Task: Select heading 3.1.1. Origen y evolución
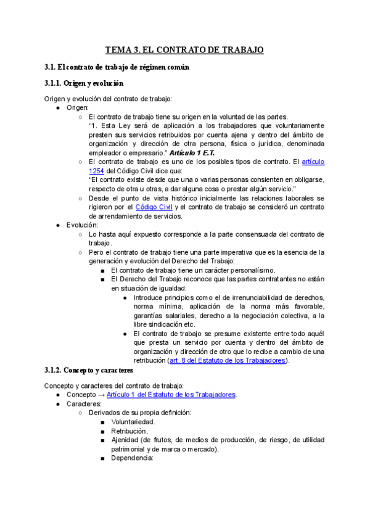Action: (84, 83)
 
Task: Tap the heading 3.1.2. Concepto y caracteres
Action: (88, 370)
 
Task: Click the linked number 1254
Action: (96, 170)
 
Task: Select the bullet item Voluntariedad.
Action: (133, 422)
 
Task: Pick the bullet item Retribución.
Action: (129, 431)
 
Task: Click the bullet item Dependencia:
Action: (132, 458)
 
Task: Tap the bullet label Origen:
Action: (78, 107)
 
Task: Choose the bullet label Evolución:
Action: (81, 225)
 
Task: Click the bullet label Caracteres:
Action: (84, 404)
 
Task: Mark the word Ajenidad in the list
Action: (126, 440)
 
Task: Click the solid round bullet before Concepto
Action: (57, 395)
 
